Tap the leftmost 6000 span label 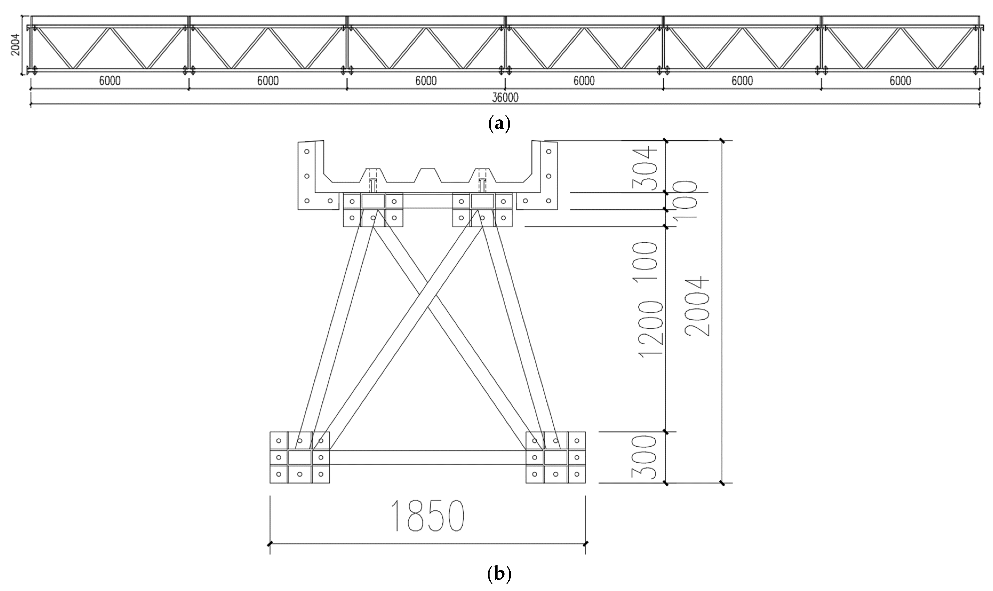pyautogui.click(x=110, y=81)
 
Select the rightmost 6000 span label pyautogui.click(x=900, y=81)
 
